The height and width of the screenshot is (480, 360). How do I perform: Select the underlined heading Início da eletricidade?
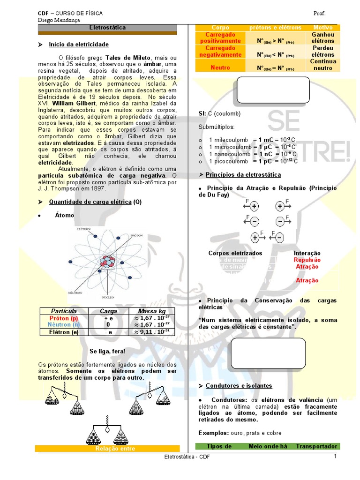(x=78, y=45)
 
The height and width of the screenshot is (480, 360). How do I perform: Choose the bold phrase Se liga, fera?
(x=107, y=351)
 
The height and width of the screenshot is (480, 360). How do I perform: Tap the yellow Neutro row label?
(x=220, y=67)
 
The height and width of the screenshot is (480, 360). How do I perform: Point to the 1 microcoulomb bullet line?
(x=254, y=147)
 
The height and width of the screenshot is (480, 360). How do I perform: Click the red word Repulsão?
(x=307, y=260)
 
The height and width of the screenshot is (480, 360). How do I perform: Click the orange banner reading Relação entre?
(x=108, y=449)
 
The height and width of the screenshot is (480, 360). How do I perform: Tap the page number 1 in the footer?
(x=336, y=457)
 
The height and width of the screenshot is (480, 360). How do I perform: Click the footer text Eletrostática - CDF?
(x=186, y=457)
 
